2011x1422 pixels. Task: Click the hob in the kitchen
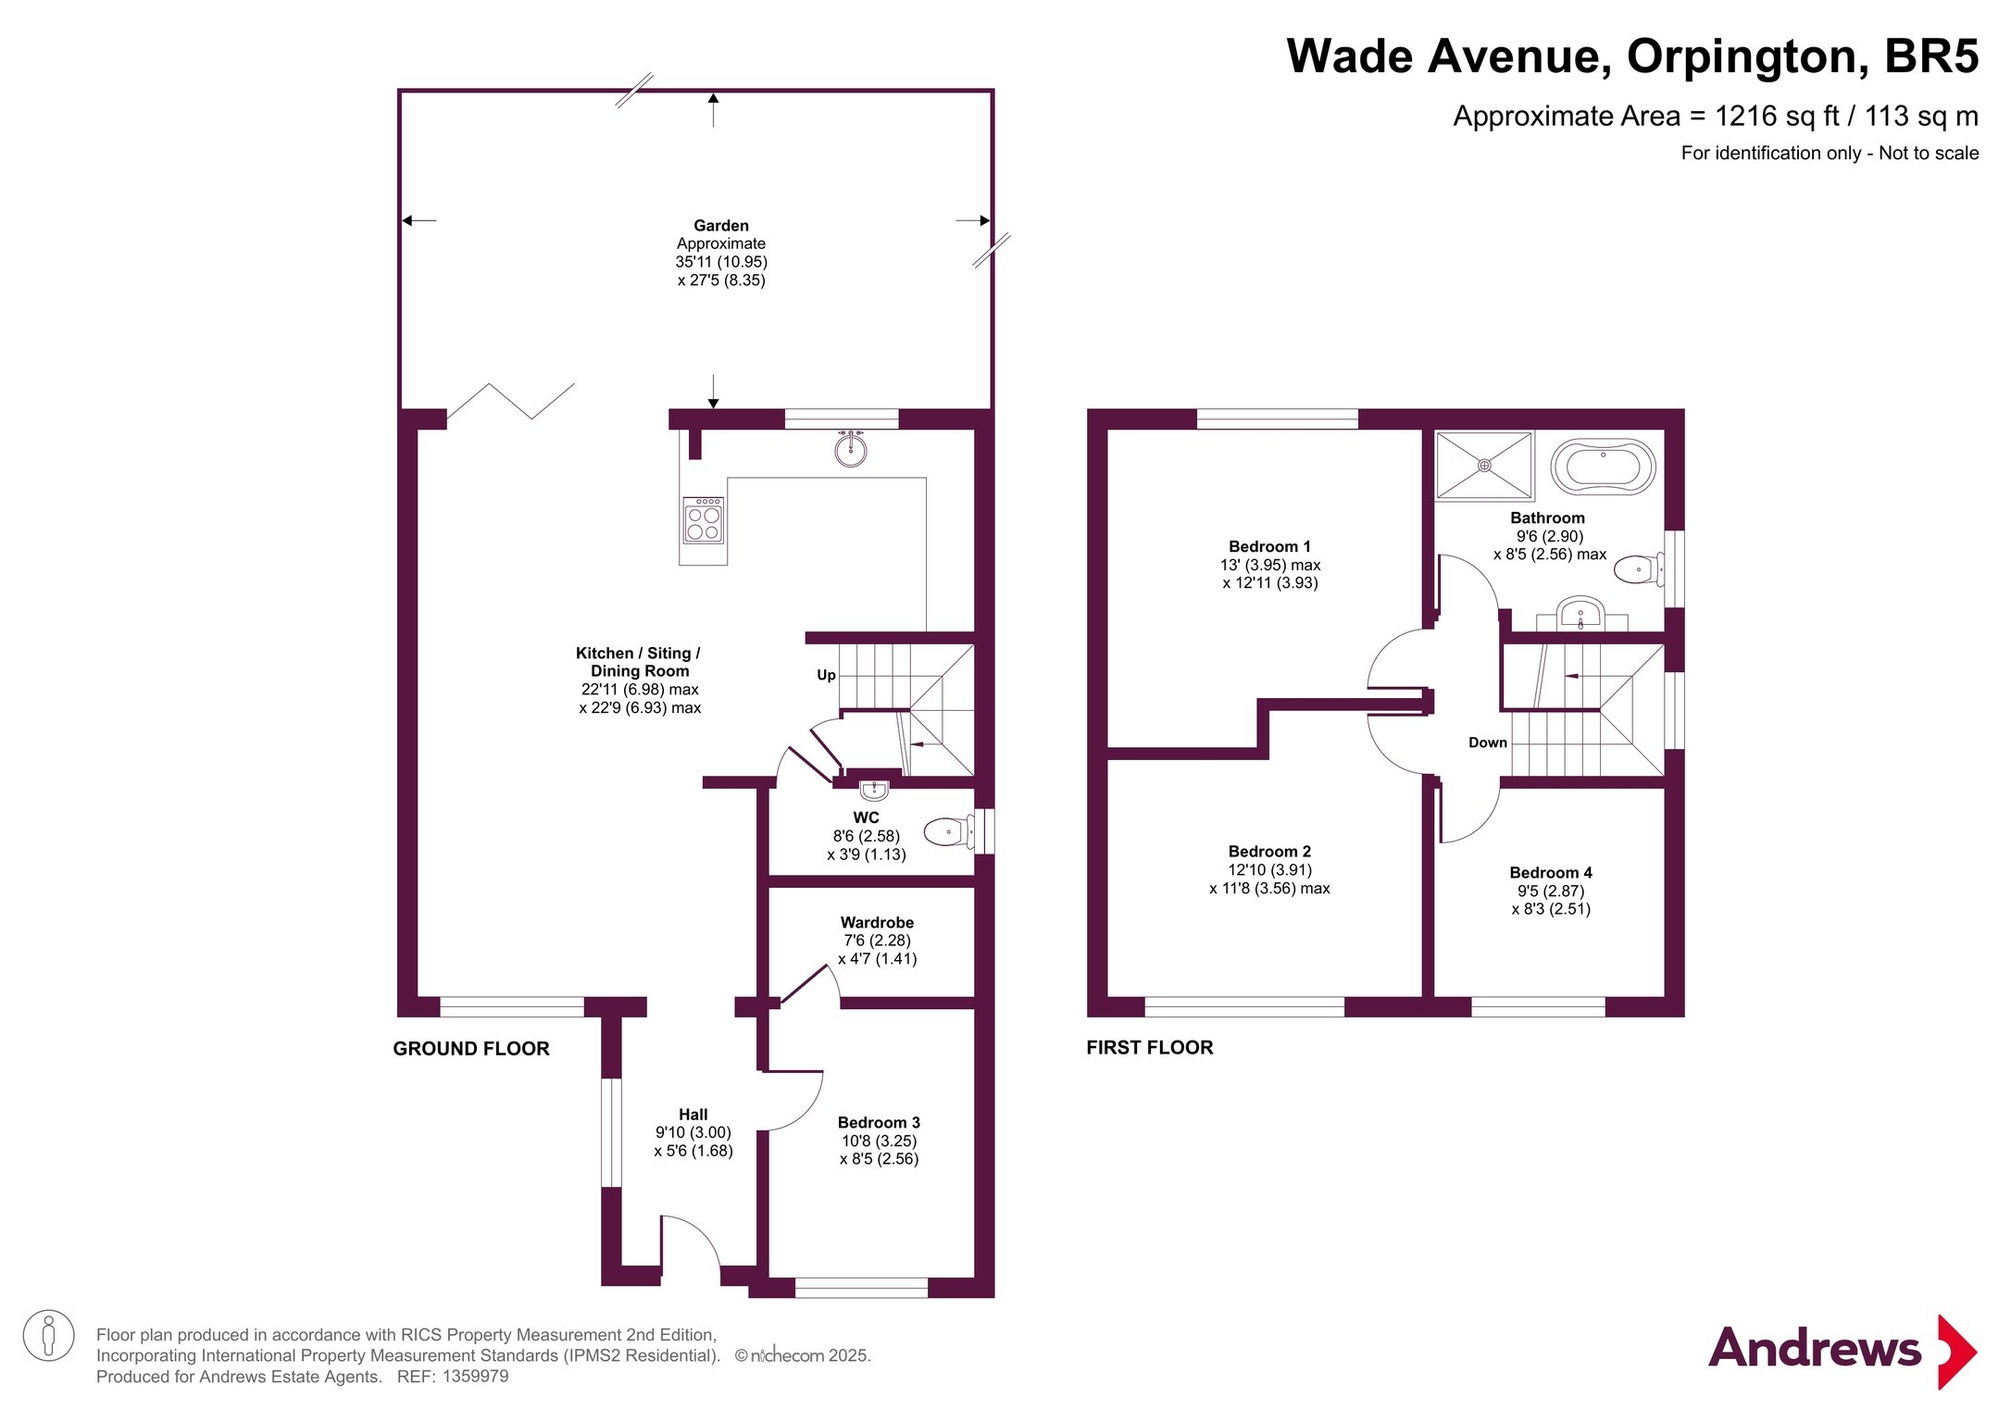coord(704,520)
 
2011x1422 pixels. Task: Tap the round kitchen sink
coord(851,449)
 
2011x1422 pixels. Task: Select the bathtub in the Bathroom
coord(1603,467)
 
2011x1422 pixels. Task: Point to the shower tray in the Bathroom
coord(1484,466)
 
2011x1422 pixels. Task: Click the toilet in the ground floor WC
coord(949,831)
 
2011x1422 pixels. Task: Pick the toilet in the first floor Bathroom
coord(1639,568)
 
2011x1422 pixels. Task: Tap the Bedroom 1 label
coord(1269,547)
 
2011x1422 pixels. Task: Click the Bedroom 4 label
coord(1551,873)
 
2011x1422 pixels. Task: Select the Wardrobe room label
coord(877,923)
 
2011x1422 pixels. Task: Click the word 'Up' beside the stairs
coord(826,676)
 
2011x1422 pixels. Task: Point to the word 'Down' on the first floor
coord(1488,742)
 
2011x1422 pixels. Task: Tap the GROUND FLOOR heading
coord(471,1049)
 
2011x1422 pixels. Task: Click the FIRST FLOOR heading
coord(1150,1048)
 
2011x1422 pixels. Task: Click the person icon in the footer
coord(48,1336)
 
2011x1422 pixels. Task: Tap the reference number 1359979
coord(475,1377)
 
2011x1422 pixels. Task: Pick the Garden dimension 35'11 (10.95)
coord(721,262)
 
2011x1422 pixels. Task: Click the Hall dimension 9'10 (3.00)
coord(693,1133)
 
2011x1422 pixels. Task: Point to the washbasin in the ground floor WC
coord(874,791)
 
